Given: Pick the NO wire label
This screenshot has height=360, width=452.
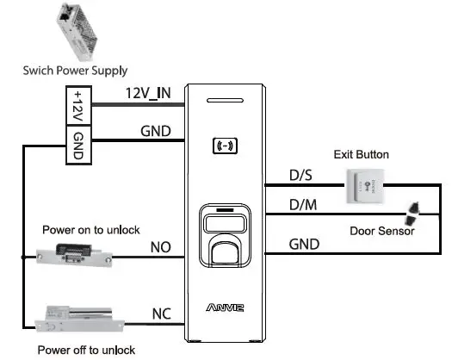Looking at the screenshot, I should [x=161, y=248].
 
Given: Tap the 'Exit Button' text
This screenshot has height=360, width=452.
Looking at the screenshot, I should [x=362, y=155].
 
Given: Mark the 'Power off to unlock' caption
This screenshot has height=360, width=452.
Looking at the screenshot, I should [x=85, y=349].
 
